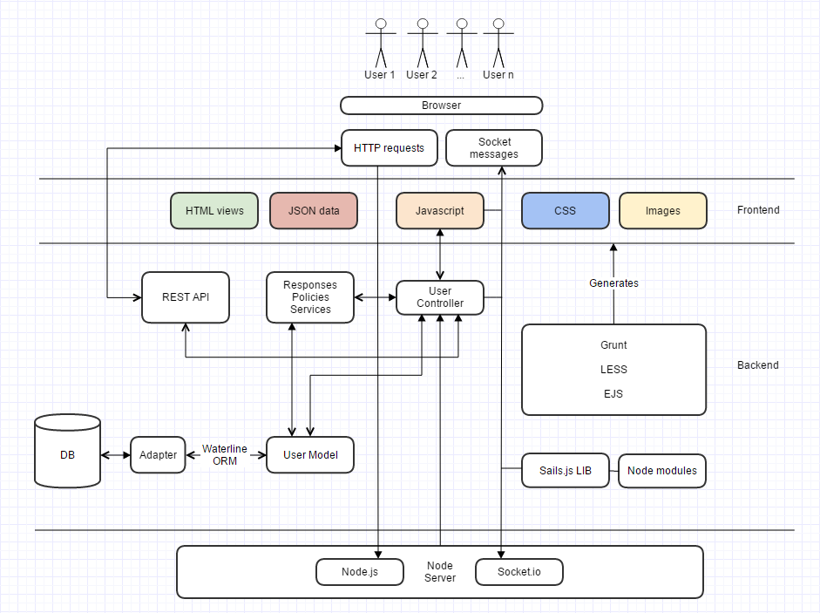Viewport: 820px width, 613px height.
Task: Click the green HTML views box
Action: pos(214,210)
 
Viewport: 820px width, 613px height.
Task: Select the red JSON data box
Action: pos(314,210)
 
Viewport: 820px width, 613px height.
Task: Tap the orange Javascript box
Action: pos(440,210)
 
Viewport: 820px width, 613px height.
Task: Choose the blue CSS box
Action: pos(566,210)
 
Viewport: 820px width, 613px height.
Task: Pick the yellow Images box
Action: pos(662,210)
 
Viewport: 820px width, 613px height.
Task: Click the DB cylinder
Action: pos(67,451)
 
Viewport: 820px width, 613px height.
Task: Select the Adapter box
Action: pos(158,455)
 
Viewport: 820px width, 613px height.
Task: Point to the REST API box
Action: pos(186,297)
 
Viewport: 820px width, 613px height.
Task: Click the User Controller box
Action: pos(440,297)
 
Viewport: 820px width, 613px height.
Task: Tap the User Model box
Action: pos(310,455)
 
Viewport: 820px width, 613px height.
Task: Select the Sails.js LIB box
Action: pos(566,471)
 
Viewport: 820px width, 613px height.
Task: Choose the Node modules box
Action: pos(662,471)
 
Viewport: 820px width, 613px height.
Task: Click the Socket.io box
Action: pos(519,572)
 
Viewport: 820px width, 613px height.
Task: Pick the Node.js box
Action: pos(360,572)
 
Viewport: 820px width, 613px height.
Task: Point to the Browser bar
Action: pos(442,106)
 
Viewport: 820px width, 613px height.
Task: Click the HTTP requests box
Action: pos(389,148)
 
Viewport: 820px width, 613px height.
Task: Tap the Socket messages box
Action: pos(494,148)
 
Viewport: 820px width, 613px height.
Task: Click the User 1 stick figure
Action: pos(381,44)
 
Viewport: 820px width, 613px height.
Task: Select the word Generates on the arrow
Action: pos(614,283)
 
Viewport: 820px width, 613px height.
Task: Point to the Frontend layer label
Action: pos(758,210)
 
